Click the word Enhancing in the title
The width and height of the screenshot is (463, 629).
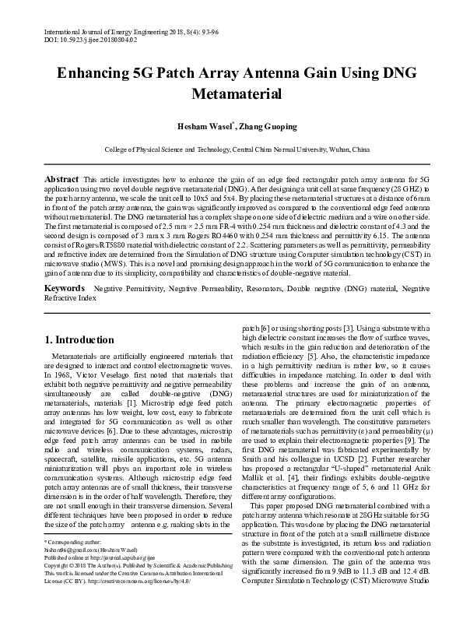(99, 73)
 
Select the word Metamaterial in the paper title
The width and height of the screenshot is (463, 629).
(231, 94)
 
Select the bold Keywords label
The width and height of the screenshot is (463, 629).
(65, 287)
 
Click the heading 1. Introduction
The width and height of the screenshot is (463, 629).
(79, 339)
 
